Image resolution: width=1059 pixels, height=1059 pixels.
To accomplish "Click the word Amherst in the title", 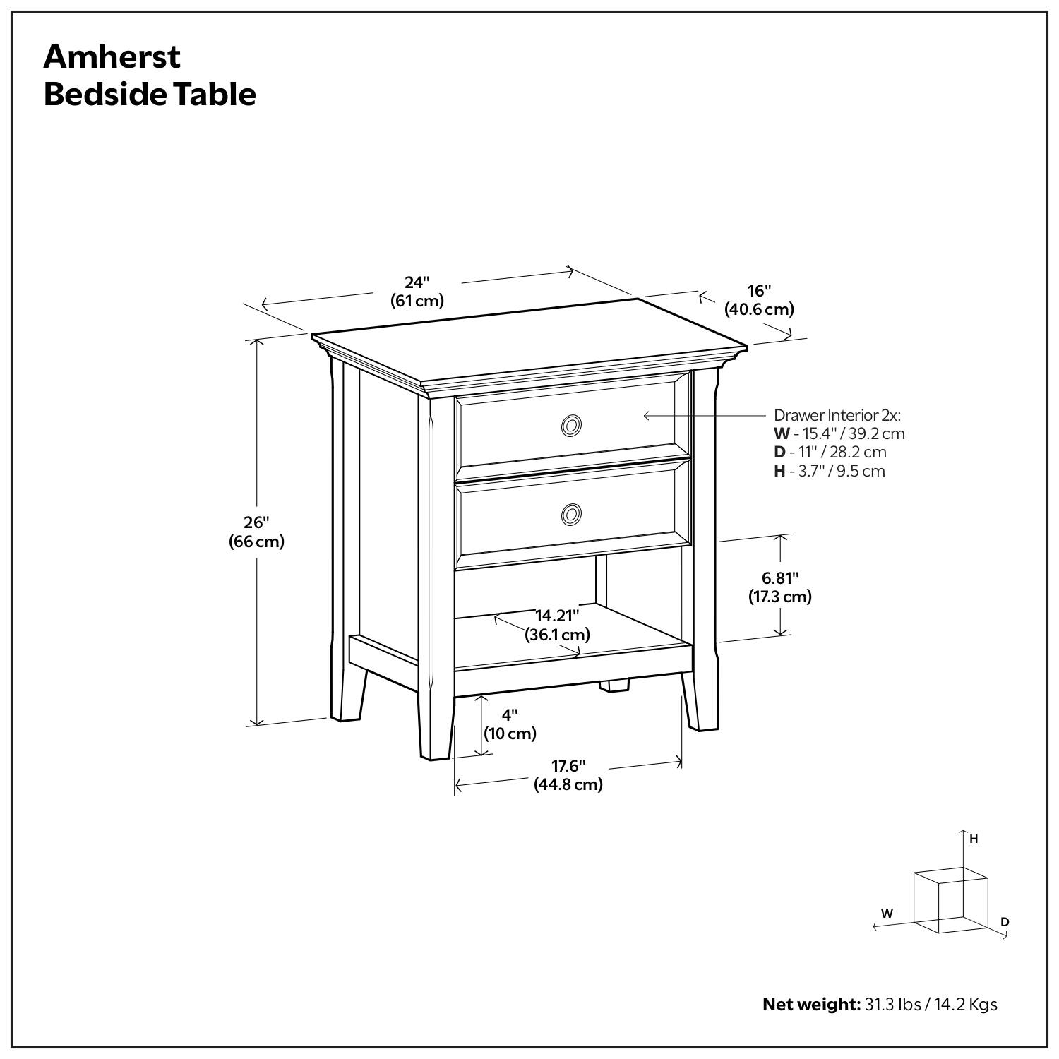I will (112, 56).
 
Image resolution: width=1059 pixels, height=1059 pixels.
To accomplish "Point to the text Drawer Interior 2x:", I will (837, 415).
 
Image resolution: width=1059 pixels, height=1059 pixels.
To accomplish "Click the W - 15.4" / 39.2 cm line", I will (839, 433).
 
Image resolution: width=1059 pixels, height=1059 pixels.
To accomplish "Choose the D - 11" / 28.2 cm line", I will (830, 453).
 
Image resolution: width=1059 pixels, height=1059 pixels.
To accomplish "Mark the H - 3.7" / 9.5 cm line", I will (829, 472).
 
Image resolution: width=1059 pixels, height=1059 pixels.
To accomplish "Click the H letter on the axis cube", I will (974, 839).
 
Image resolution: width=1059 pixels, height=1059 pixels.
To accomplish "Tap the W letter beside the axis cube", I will (887, 913).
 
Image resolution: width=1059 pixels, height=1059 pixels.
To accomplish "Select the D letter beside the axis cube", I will (1005, 921).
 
